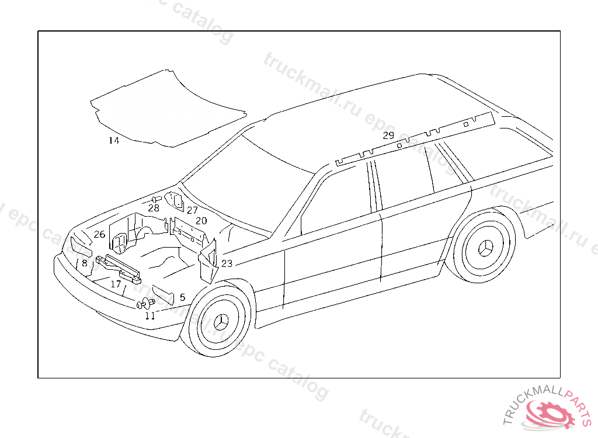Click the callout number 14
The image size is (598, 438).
point(113,141)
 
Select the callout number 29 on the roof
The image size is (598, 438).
point(388,135)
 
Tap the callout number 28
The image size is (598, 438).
point(154,208)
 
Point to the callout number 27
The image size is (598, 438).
point(193,210)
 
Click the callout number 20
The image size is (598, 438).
point(201,221)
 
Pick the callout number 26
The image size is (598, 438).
point(99,234)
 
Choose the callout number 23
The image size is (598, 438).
point(227,263)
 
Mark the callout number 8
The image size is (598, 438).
point(85,263)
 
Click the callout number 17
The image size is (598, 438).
point(116,284)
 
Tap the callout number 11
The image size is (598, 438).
point(150,316)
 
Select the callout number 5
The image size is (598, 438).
point(182,297)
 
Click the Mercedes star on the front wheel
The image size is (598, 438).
point(221,322)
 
